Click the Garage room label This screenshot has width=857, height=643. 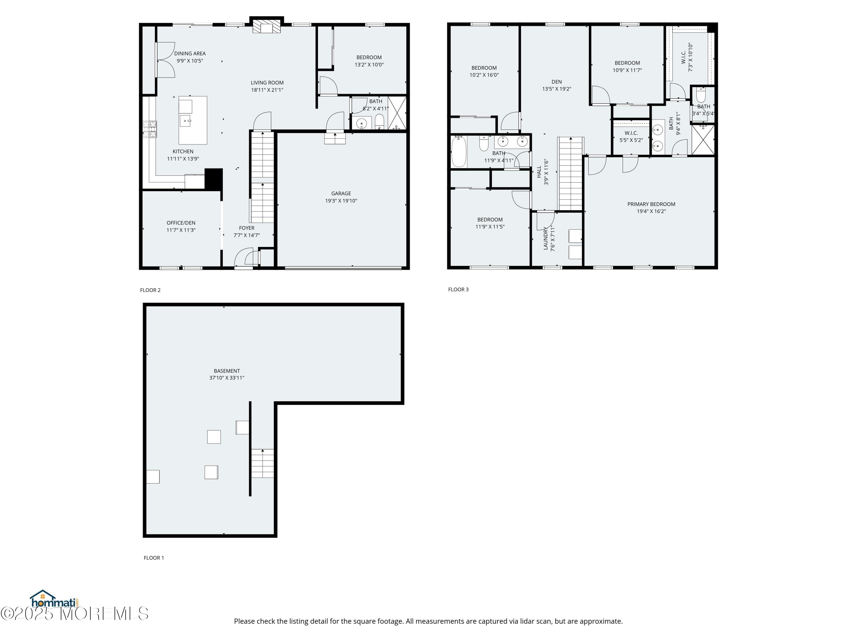(x=341, y=193)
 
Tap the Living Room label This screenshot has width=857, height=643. (x=267, y=83)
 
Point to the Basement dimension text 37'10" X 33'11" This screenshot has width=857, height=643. (x=227, y=378)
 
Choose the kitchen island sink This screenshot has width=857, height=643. (x=186, y=121)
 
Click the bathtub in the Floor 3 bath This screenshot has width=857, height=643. (x=459, y=151)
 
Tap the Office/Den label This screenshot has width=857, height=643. (x=181, y=223)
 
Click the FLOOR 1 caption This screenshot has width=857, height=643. (x=154, y=558)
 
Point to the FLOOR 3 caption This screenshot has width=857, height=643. (x=458, y=289)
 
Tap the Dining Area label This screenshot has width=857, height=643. (x=190, y=53)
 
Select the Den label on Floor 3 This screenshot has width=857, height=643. (x=557, y=82)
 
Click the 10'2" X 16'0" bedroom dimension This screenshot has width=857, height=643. (x=484, y=75)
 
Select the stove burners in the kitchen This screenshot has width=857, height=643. (x=150, y=129)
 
